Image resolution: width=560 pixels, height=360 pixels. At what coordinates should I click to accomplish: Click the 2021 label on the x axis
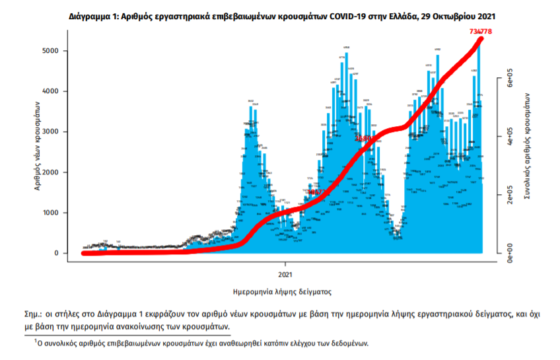(x=285, y=273)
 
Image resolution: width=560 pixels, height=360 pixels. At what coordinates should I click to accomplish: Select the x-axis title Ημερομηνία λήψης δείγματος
(x=282, y=291)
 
